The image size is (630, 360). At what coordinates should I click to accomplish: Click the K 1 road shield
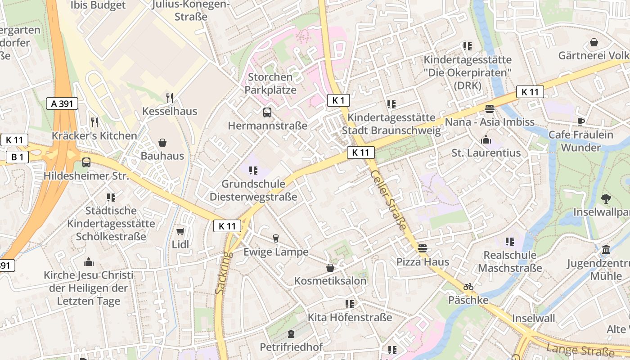pyautogui.click(x=338, y=100)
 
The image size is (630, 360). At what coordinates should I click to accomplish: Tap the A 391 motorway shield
pyautogui.click(x=62, y=103)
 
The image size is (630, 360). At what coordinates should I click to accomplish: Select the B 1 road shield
pyautogui.click(x=17, y=157)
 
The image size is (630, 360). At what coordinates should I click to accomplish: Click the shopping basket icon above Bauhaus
pyautogui.click(x=162, y=143)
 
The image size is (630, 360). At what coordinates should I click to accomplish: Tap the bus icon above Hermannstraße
pyautogui.click(x=267, y=112)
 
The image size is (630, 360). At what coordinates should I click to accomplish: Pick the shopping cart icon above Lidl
pyautogui.click(x=180, y=231)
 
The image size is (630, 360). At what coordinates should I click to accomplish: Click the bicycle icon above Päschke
pyautogui.click(x=468, y=287)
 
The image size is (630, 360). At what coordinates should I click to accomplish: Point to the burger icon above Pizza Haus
pyautogui.click(x=422, y=248)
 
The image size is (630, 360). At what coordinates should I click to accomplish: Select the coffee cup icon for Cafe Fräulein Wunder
pyautogui.click(x=580, y=121)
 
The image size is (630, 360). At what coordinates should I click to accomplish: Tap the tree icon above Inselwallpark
pyautogui.click(x=606, y=198)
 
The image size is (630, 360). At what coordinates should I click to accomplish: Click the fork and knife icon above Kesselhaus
pyautogui.click(x=170, y=98)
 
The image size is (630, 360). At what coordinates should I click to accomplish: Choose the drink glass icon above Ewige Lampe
pyautogui.click(x=276, y=238)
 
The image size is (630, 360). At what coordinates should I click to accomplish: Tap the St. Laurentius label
pyautogui.click(x=486, y=153)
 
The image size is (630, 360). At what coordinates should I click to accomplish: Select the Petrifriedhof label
pyautogui.click(x=291, y=347)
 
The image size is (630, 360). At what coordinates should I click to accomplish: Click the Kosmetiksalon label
pyautogui.click(x=330, y=281)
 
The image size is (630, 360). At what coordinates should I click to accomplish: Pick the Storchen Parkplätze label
pyautogui.click(x=270, y=83)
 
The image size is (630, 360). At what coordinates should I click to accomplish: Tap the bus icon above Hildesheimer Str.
pyautogui.click(x=86, y=162)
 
